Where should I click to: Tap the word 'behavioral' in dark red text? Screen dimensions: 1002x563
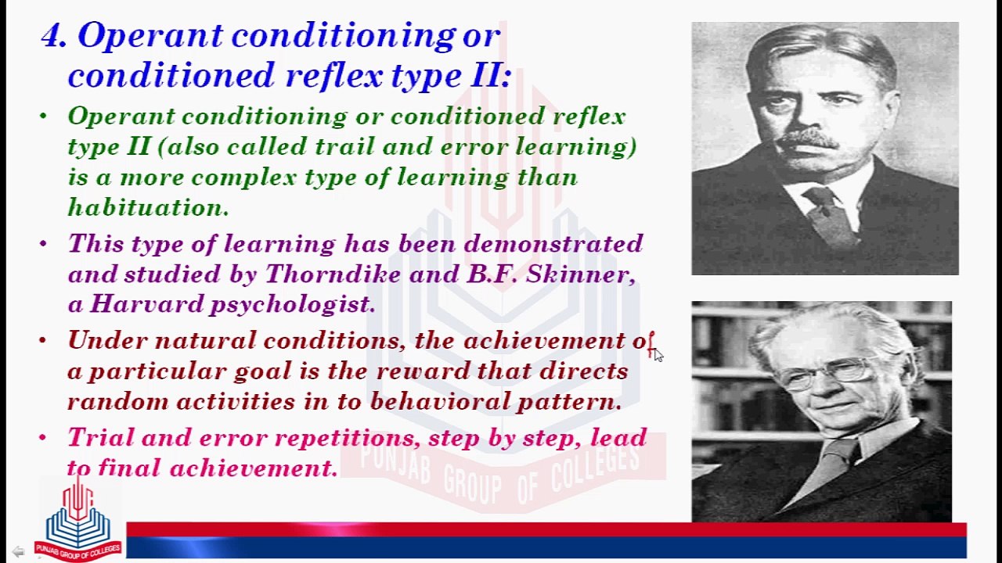[x=440, y=401]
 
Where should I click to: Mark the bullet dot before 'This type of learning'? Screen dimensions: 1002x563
[x=43, y=244]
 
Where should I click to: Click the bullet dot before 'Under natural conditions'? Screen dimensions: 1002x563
[x=43, y=341]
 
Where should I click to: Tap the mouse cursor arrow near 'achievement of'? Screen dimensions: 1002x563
[x=658, y=355]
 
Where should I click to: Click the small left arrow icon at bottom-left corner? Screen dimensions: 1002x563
[x=18, y=551]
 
